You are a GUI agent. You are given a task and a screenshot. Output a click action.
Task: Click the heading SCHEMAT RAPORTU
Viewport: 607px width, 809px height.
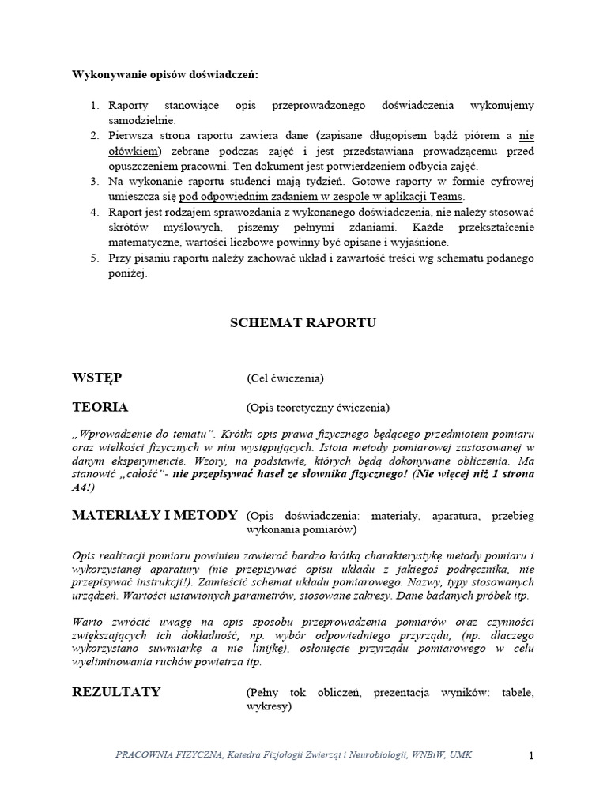coord(303,323)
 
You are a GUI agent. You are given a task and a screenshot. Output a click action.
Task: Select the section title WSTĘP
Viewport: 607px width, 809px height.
coord(97,378)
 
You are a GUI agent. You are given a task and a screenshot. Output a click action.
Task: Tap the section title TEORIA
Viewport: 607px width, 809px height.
coord(100,408)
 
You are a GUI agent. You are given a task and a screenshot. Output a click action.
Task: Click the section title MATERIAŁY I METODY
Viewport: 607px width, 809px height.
coord(154,515)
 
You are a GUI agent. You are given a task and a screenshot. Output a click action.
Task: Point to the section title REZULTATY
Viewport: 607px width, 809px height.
coord(116,692)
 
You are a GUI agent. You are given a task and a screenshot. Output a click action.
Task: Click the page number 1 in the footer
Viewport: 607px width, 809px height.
coord(532,756)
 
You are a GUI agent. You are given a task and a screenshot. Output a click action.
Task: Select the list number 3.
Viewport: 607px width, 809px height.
coord(92,182)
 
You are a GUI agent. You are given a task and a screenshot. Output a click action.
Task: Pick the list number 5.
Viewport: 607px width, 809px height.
coord(92,258)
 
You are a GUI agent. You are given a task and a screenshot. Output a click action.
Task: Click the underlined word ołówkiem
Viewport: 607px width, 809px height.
coord(134,151)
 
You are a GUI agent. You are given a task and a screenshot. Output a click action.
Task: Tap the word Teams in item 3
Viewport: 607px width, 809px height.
coord(447,197)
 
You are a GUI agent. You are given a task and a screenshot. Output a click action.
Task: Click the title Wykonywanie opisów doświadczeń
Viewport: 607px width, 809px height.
coord(165,74)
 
